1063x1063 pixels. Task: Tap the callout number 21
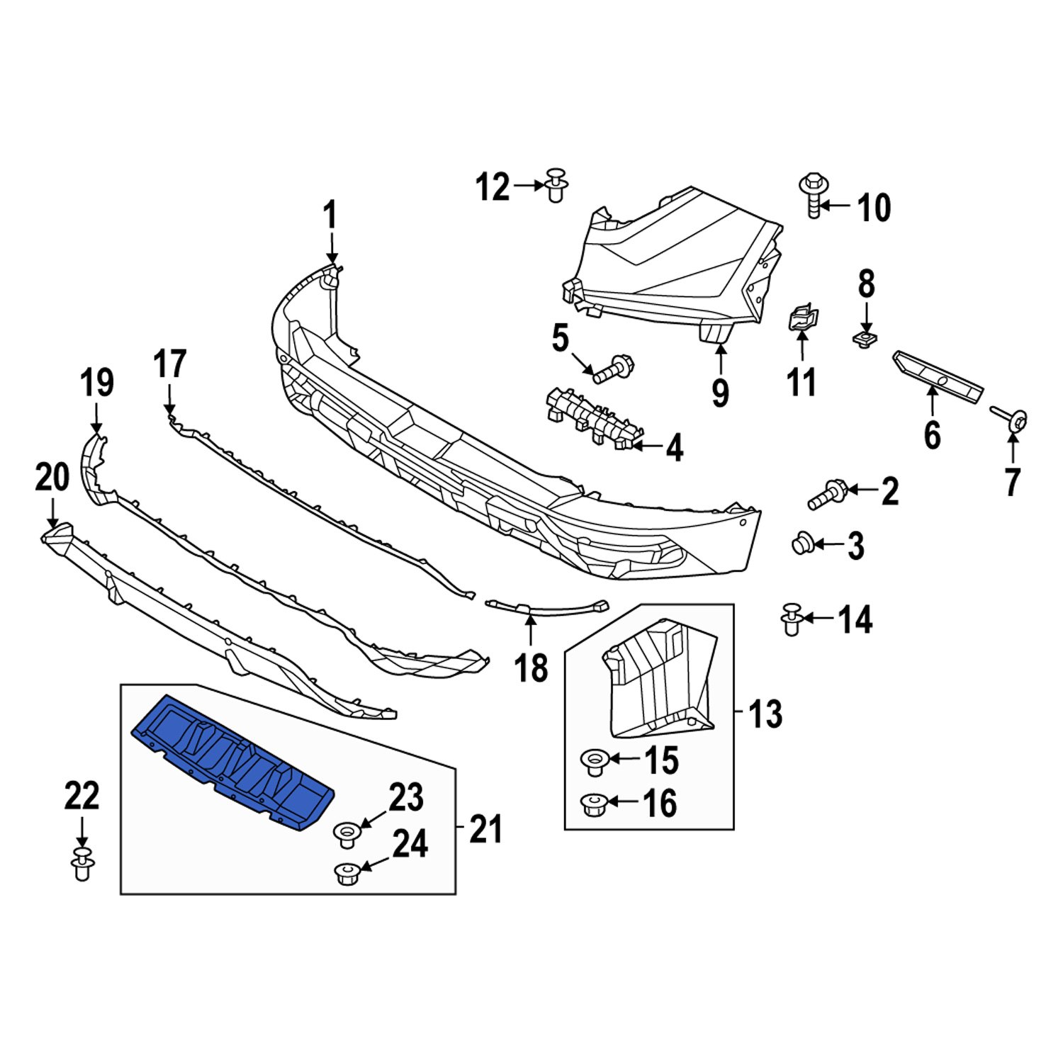[x=485, y=828]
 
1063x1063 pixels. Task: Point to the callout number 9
[x=720, y=392]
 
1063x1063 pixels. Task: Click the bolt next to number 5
[x=613, y=369]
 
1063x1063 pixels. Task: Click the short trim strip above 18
[x=546, y=607]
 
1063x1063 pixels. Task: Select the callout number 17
[x=170, y=364]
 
